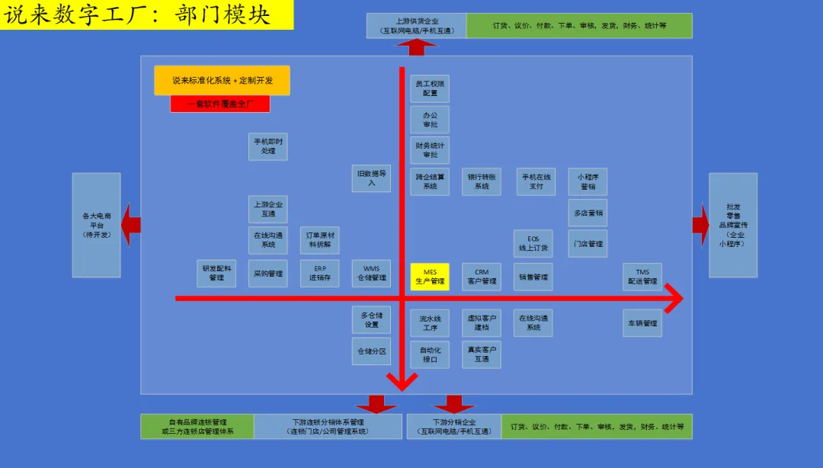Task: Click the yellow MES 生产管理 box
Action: click(x=430, y=277)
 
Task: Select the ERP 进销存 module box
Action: click(x=320, y=274)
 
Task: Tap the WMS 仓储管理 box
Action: click(x=371, y=274)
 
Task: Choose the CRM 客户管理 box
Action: click(x=482, y=277)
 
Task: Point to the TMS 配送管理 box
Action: click(x=642, y=277)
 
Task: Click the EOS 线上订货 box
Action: click(x=533, y=243)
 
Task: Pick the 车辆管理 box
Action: click(x=642, y=323)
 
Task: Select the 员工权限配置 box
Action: click(x=430, y=88)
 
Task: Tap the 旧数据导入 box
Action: click(x=371, y=178)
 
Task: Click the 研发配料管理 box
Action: click(x=216, y=274)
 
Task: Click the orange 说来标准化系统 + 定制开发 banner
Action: click(x=222, y=80)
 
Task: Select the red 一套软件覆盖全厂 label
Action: click(x=220, y=104)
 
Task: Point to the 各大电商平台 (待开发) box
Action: click(x=96, y=225)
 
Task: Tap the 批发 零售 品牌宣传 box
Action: click(x=733, y=225)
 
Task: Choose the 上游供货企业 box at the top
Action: click(x=416, y=25)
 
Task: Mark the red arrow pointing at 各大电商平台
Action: click(x=131, y=225)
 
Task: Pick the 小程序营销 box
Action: click(x=588, y=181)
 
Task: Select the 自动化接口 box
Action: click(x=430, y=354)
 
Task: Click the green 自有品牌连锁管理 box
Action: click(x=197, y=427)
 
